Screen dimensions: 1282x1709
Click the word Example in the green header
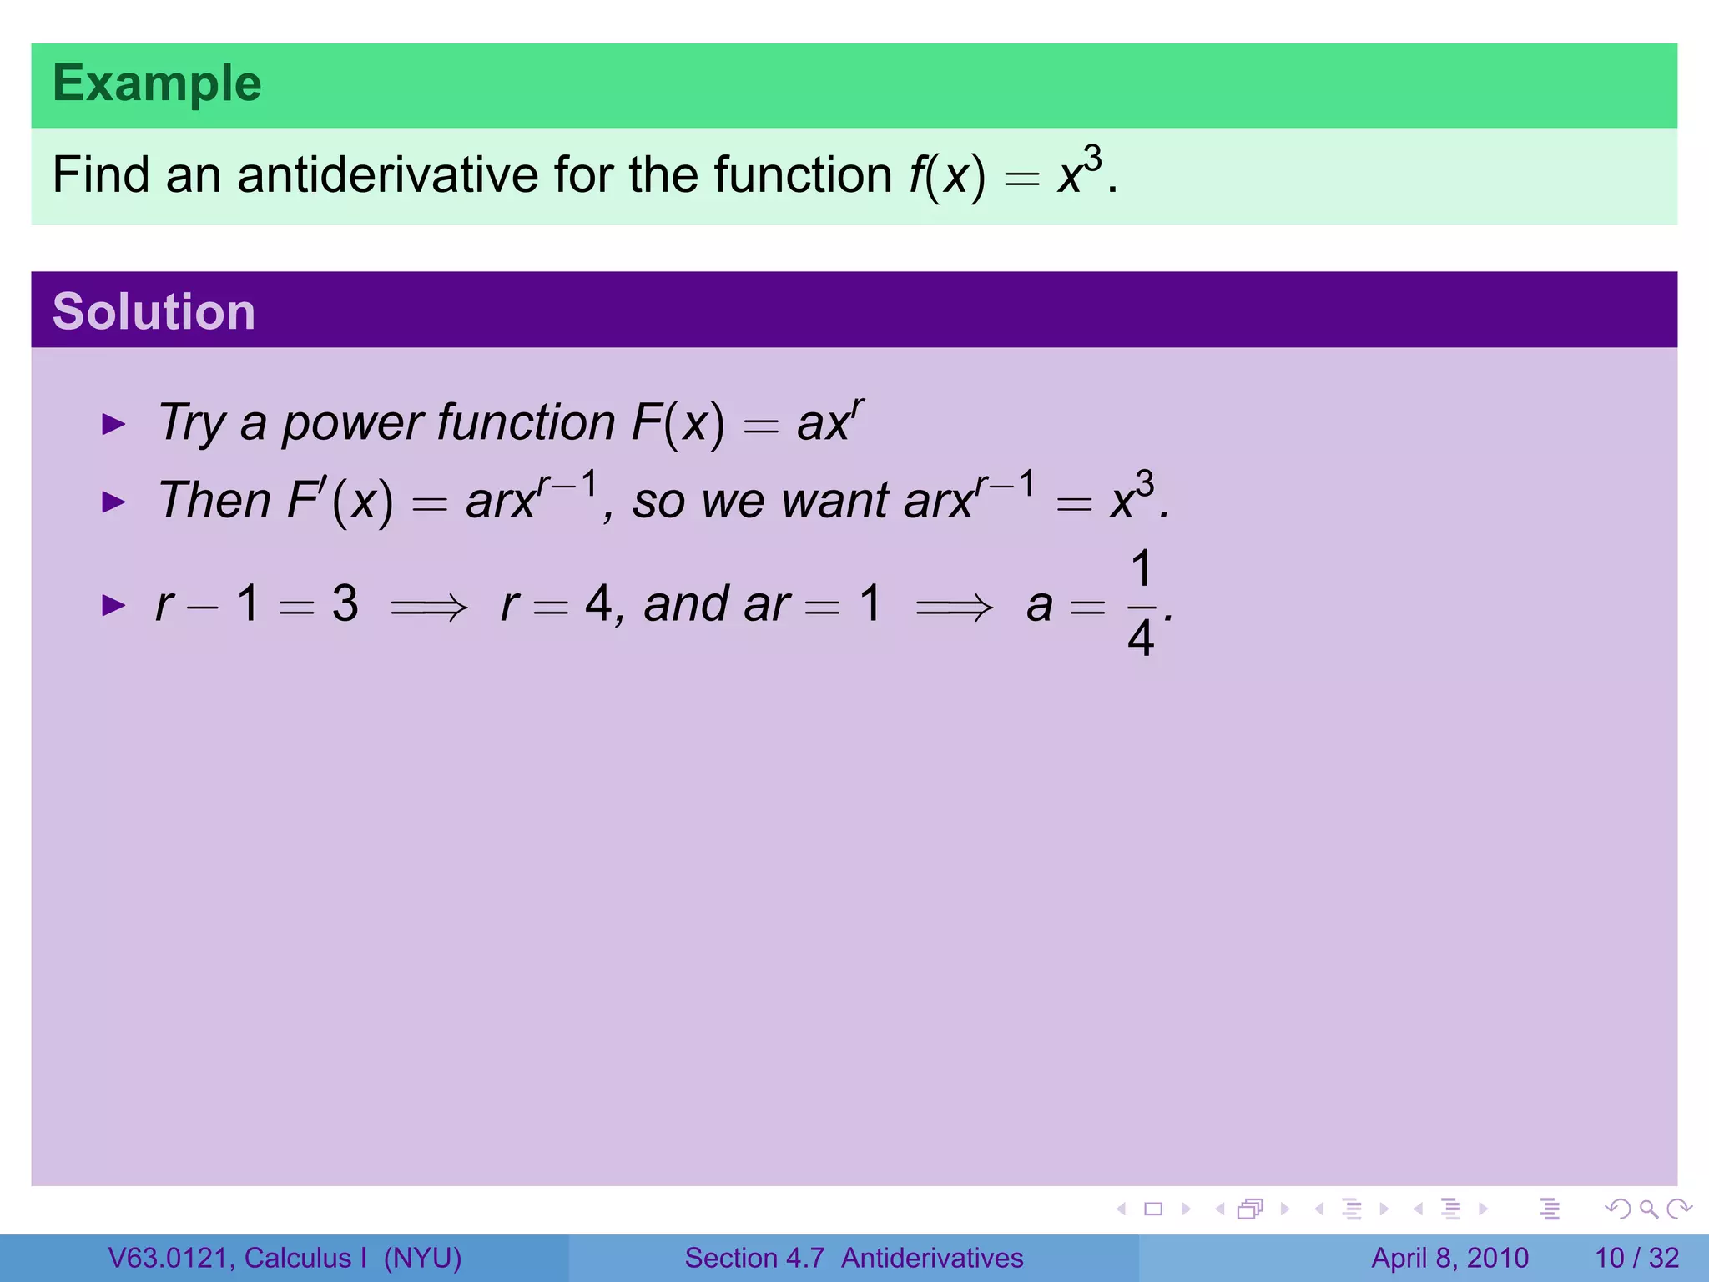(x=157, y=84)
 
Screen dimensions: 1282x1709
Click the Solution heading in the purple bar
(x=154, y=311)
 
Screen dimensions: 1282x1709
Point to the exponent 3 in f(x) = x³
(x=1092, y=158)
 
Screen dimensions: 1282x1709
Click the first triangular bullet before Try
(x=113, y=424)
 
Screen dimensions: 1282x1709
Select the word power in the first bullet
(x=352, y=423)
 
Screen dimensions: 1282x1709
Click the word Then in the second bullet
(x=214, y=501)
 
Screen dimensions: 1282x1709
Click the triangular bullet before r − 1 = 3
(x=113, y=605)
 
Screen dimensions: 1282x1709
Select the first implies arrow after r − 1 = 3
(x=429, y=607)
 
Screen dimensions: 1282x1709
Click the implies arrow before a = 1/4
(x=954, y=607)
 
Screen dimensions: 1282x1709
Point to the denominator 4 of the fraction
(x=1141, y=639)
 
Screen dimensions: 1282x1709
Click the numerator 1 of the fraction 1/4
(x=1142, y=570)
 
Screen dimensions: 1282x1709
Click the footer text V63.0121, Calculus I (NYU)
(x=285, y=1258)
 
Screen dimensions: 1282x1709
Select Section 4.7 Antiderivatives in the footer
(x=854, y=1258)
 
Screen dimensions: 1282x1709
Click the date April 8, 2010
(x=1449, y=1258)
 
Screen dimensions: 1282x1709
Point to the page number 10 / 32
(x=1636, y=1258)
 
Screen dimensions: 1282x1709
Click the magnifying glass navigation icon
(x=1648, y=1209)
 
